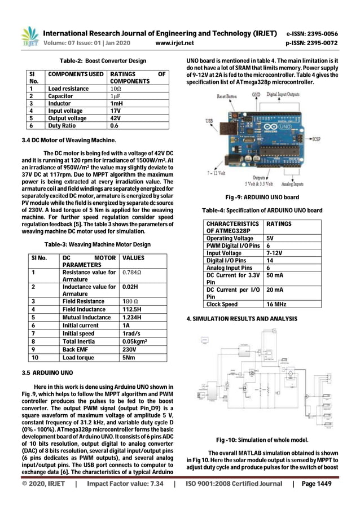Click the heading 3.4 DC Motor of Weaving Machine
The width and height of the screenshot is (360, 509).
63,139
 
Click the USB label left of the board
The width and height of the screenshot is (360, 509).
209,120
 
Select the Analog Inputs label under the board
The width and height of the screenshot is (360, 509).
291,184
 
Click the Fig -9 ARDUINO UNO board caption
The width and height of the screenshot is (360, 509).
262,198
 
